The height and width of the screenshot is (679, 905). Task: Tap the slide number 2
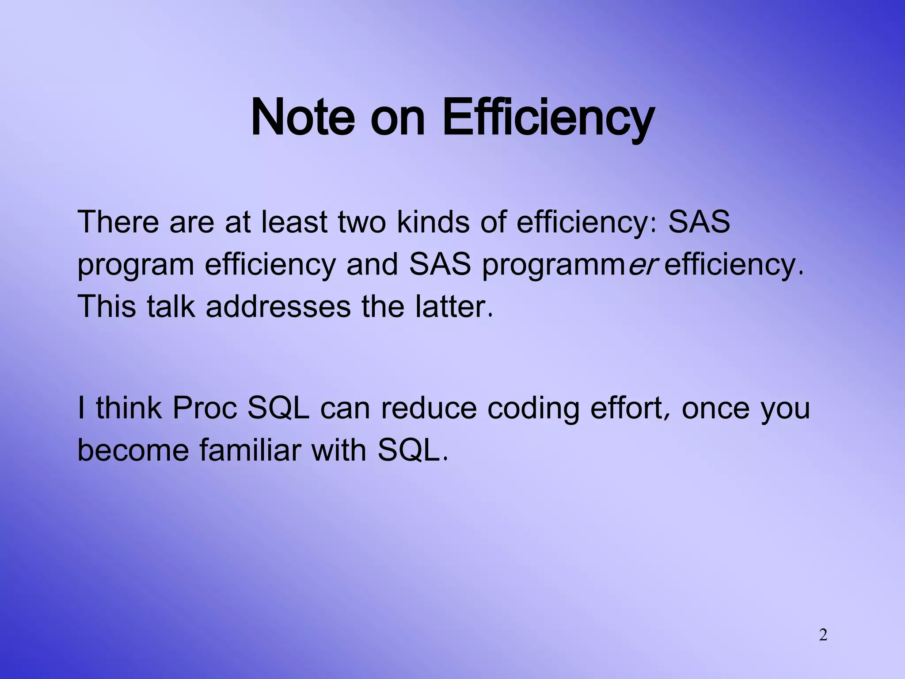[823, 635]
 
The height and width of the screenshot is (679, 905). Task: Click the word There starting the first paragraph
[118, 222]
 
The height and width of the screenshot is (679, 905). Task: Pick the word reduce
[429, 408]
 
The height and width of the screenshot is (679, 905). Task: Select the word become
[133, 450]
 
